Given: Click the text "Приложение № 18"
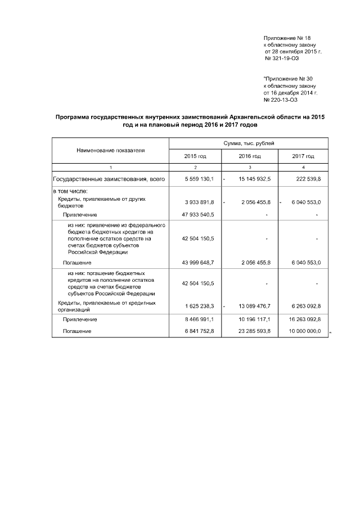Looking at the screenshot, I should pyautogui.click(x=283, y=38).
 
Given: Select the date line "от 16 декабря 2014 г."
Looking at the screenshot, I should pyautogui.click(x=290, y=93).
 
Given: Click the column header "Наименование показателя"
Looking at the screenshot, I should pyautogui.click(x=110, y=150).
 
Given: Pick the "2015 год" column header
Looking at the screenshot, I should pyautogui.click(x=195, y=156).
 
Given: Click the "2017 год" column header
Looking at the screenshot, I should pyautogui.click(x=303, y=156).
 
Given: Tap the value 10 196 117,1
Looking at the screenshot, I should pyautogui.click(x=253, y=319).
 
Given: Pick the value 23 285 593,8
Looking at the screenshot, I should pyautogui.click(x=253, y=332).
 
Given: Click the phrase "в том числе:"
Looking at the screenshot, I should pyautogui.click(x=70, y=192).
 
